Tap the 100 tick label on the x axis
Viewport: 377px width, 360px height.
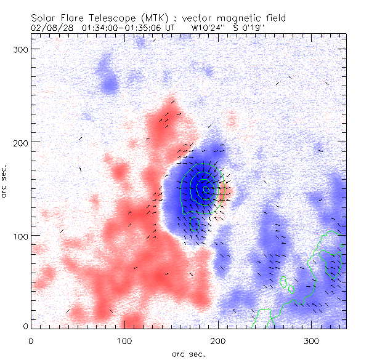[x=124, y=340]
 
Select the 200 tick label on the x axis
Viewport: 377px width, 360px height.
[x=218, y=340]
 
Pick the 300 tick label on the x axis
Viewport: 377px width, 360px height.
[x=312, y=340]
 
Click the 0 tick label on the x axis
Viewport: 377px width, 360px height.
[x=31, y=340]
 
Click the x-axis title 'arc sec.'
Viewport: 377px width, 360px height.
[x=188, y=353]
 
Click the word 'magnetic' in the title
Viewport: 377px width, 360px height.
[x=238, y=18]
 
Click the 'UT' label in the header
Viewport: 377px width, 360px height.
[x=171, y=28]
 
